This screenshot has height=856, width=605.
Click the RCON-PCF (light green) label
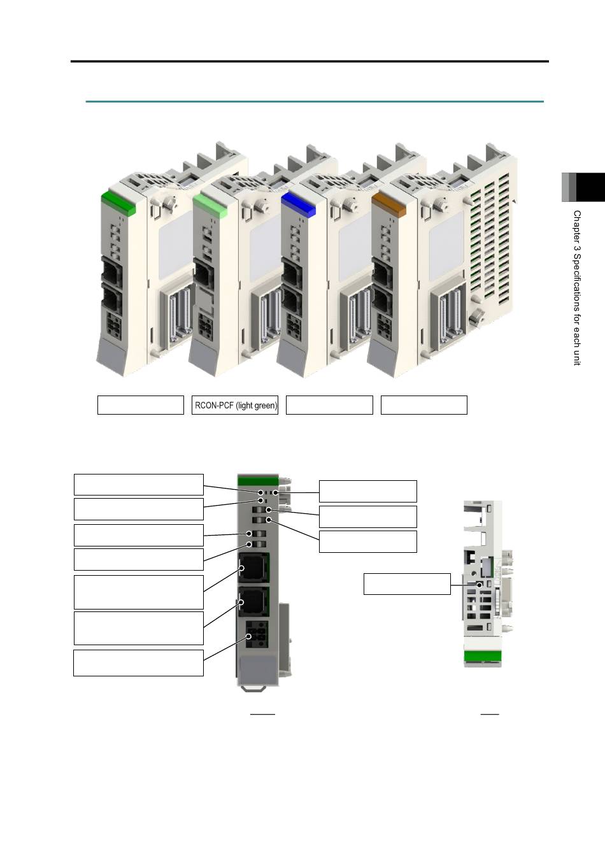(x=236, y=405)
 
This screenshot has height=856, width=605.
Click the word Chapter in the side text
(x=577, y=225)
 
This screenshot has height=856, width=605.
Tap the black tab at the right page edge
(x=590, y=187)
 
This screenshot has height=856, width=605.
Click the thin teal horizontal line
(x=315, y=102)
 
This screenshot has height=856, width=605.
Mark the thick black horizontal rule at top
(x=310, y=61)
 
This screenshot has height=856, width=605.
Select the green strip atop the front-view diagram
(x=257, y=480)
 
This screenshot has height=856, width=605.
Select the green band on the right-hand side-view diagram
(x=482, y=657)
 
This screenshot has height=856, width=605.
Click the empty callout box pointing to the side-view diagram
(x=407, y=584)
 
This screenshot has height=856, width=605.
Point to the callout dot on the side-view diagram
(x=480, y=585)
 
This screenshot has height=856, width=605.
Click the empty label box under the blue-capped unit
(x=329, y=405)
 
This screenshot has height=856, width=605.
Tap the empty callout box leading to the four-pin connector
(x=138, y=663)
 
